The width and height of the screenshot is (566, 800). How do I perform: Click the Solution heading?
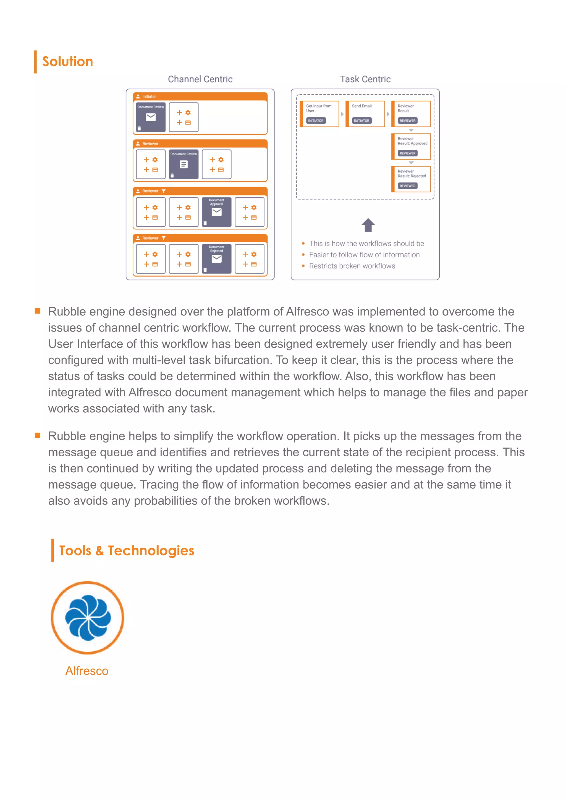pyautogui.click(x=68, y=62)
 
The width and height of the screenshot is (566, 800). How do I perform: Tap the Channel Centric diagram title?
pyautogui.click(x=200, y=80)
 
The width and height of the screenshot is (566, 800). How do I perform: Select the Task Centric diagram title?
pyautogui.click(x=365, y=80)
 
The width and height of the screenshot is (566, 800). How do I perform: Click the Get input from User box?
pyautogui.click(x=319, y=114)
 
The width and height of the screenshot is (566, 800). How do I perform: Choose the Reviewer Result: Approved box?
pyautogui.click(x=411, y=146)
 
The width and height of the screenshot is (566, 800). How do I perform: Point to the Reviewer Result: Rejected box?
pyautogui.click(x=411, y=179)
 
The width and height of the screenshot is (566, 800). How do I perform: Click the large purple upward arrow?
pyautogui.click(x=368, y=225)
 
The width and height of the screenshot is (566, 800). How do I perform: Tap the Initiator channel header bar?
pyautogui.click(x=200, y=96)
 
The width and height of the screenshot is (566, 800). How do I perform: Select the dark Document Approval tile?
pyautogui.click(x=216, y=212)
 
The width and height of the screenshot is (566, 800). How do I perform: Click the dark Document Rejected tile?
pyautogui.click(x=216, y=259)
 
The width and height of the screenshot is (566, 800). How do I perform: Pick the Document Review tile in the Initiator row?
pyautogui.click(x=151, y=117)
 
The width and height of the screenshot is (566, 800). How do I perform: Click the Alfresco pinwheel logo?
pyautogui.click(x=88, y=617)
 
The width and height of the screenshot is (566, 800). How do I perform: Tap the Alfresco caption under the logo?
pyautogui.click(x=87, y=671)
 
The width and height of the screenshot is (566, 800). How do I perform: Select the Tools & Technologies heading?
pyautogui.click(x=127, y=551)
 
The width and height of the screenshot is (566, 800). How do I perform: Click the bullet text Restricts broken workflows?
pyautogui.click(x=352, y=266)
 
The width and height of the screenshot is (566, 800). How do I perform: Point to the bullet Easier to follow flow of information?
pyautogui.click(x=364, y=255)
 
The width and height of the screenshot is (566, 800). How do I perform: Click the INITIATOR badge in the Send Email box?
pyautogui.click(x=361, y=120)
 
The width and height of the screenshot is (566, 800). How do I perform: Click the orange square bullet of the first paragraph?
pyautogui.click(x=38, y=311)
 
